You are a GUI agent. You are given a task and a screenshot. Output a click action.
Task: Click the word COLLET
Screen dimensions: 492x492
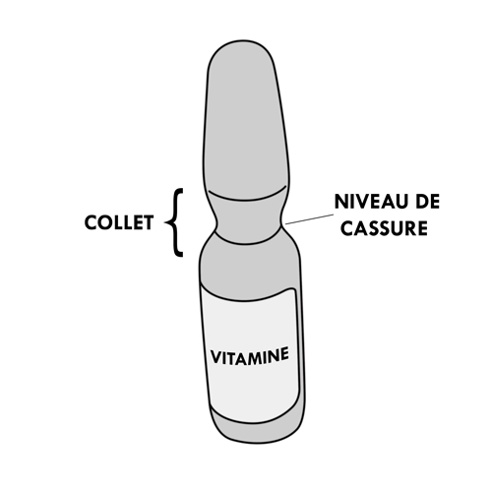119,222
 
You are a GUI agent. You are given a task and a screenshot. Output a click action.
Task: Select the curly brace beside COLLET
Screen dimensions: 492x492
175,222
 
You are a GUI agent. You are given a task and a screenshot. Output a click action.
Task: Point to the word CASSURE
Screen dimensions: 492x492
384,228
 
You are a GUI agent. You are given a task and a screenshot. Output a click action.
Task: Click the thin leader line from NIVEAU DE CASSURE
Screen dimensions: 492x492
310,219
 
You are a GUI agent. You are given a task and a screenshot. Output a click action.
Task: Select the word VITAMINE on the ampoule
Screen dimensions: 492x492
250,356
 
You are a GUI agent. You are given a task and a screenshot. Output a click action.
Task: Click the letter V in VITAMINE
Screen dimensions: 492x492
215,358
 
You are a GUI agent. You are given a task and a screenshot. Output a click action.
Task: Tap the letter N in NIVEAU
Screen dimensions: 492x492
340,202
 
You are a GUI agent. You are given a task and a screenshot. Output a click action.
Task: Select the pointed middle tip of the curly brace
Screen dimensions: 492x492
166,222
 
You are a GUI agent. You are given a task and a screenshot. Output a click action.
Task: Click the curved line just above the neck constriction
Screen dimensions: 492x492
248,197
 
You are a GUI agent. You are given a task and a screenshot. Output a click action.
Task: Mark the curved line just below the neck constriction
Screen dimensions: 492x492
248,241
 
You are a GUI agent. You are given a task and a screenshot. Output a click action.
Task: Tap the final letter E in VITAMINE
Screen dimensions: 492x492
285,353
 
